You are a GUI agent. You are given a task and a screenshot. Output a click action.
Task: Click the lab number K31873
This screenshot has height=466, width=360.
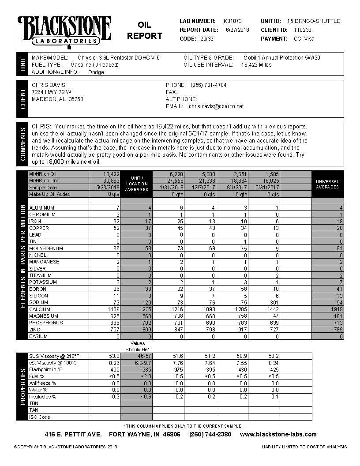232,21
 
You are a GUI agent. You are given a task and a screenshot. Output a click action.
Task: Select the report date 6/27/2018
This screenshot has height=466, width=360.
237,30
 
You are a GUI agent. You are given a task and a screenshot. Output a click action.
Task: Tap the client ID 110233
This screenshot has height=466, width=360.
296,30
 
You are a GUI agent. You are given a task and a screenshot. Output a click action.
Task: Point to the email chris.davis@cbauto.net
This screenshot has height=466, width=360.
216,106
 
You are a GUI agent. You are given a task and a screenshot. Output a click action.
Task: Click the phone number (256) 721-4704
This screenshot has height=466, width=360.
208,85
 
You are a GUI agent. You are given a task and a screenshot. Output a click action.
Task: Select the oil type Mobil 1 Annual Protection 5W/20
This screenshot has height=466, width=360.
282,58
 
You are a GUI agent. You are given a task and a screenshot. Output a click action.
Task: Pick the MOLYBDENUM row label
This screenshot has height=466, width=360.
44,249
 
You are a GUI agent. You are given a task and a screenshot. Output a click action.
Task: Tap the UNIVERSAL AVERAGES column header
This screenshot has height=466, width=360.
327,184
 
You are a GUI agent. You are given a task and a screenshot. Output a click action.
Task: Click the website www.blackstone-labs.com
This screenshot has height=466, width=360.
278,435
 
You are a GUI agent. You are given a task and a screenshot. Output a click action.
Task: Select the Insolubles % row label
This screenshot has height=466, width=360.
42,397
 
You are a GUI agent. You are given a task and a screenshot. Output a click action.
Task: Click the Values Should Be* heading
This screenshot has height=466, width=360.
138,346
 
